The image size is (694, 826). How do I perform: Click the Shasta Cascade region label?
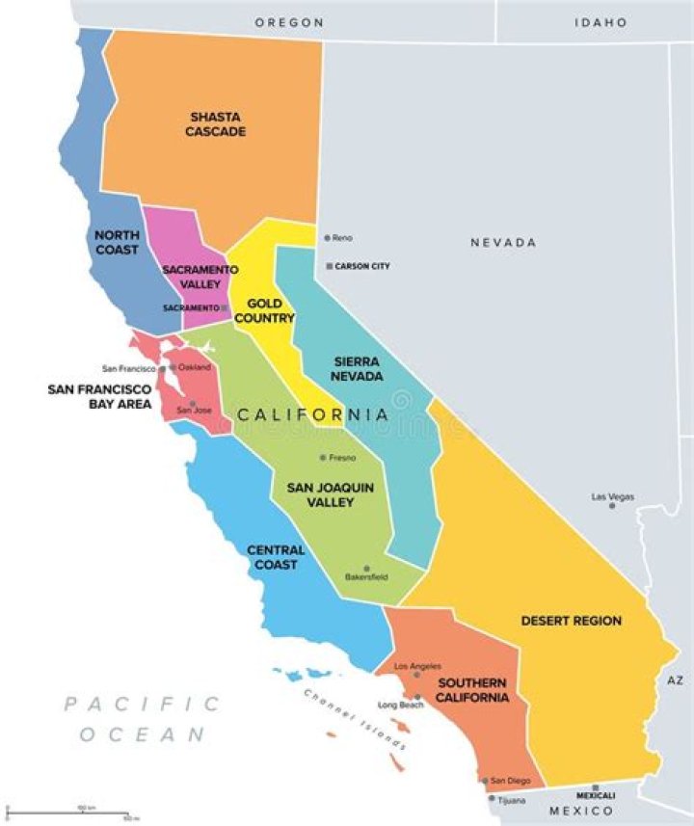pos(217,123)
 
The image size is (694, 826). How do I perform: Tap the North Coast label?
pos(117,242)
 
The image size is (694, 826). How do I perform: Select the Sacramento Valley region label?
pos(193,277)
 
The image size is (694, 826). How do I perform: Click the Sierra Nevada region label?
pos(356,369)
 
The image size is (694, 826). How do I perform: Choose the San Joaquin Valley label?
pos(330,495)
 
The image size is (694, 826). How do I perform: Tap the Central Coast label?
pos(276,557)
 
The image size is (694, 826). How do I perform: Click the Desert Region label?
pos(572,621)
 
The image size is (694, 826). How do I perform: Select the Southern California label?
pos(472,690)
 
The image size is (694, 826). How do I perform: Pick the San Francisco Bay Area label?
pos(100,396)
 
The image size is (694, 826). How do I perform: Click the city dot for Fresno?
pos(323,458)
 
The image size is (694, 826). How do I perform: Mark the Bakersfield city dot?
pos(366,569)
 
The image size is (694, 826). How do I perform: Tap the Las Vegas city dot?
pos(611,505)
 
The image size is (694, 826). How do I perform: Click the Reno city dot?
pos(327,237)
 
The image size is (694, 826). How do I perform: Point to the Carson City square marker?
pos(329,266)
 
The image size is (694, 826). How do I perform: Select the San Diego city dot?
pos(485,781)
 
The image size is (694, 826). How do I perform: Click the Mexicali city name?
pos(595,795)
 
